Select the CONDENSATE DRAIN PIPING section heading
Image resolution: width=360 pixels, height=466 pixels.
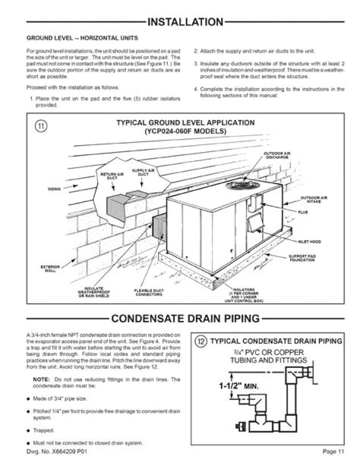coord(185,318)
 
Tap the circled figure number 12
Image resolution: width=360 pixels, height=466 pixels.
coord(200,342)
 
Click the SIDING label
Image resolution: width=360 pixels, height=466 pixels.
coord(54,190)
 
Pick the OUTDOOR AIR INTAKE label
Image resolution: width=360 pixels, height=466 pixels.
coord(313,199)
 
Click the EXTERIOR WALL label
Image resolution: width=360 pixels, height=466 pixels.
coord(49,269)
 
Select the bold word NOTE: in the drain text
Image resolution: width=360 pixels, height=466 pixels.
coord(41,380)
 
